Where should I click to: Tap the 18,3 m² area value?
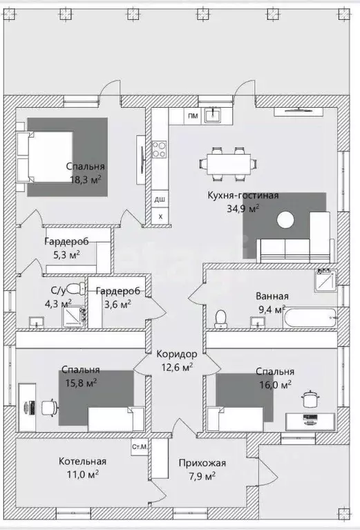[x=84, y=178]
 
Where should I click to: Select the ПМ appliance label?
[x=193, y=116]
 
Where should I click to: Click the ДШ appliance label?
[x=160, y=200]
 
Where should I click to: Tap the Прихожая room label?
[x=202, y=464]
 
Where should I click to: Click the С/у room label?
[x=58, y=291]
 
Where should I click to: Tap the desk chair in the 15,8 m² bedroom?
[x=49, y=407]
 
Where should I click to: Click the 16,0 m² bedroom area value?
[x=274, y=384]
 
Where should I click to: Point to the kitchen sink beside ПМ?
[x=216, y=115]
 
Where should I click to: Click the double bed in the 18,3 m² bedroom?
[x=48, y=158]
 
